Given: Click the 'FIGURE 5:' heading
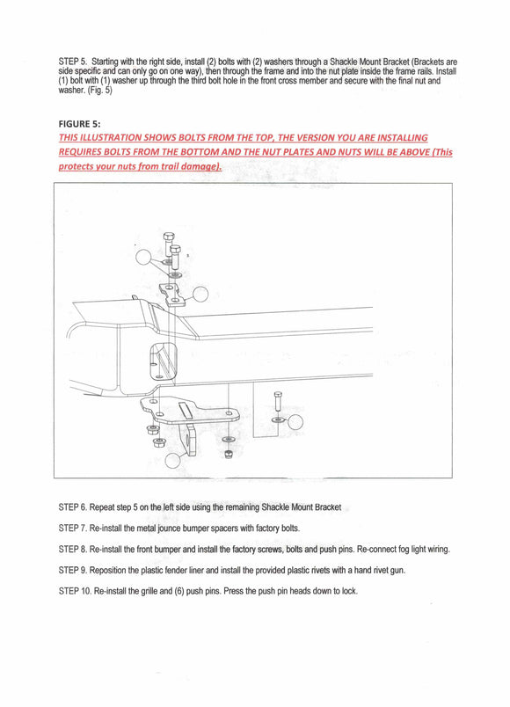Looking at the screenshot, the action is tap(79, 124).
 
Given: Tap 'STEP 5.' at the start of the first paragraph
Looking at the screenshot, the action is tap(73, 62).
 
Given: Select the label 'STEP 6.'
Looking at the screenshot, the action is tap(73, 507).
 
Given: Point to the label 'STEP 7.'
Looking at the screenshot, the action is tap(73, 528).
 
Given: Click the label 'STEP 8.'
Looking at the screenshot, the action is tap(73, 550).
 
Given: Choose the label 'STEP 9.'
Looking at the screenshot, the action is tap(73, 570).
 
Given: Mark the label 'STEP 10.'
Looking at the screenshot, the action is tap(75, 591).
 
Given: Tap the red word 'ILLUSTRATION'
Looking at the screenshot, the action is tap(109, 137).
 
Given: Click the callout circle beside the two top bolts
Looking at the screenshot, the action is tap(144, 257).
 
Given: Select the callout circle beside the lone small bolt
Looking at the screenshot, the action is tap(295, 422).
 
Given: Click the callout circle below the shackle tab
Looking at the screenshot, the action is tap(172, 460).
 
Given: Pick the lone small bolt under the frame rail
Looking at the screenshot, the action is tap(278, 401).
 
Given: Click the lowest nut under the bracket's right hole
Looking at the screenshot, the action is tap(228, 454).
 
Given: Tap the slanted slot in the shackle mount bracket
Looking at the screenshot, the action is tap(185, 411).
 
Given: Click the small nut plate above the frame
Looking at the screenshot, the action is tap(171, 295).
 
